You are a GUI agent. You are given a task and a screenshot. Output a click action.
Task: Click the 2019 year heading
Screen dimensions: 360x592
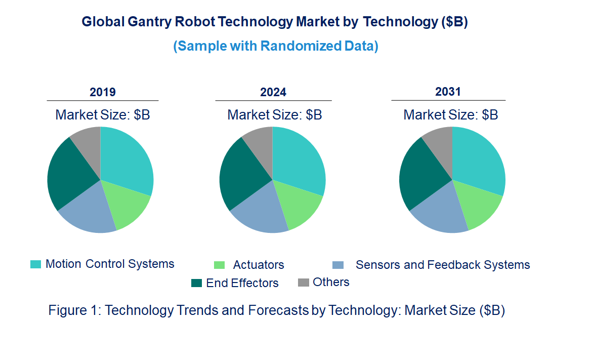click(x=103, y=92)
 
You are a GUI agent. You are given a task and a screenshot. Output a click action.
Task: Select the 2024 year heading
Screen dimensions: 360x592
click(x=273, y=92)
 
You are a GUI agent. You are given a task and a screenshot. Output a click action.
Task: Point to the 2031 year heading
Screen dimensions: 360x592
click(x=448, y=92)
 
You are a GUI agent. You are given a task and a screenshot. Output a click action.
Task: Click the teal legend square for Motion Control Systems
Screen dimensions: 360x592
click(x=36, y=264)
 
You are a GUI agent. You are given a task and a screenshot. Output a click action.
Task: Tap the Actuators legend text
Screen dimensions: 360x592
click(x=259, y=265)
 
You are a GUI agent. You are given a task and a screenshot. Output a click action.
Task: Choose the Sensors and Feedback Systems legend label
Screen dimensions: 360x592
click(x=442, y=265)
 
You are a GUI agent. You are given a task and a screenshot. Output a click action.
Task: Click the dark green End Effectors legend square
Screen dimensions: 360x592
click(x=196, y=283)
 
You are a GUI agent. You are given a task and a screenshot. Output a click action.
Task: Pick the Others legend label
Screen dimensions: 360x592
click(x=331, y=282)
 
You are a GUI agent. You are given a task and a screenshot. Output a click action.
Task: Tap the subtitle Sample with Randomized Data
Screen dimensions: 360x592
click(x=276, y=46)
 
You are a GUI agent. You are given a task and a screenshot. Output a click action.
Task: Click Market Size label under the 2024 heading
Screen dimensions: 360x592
click(x=274, y=115)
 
